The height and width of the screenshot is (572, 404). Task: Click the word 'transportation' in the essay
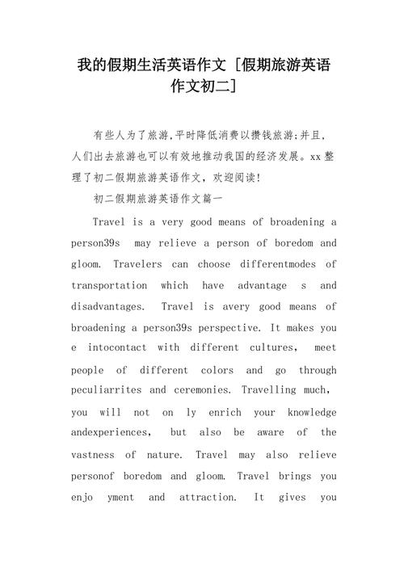click(109, 286)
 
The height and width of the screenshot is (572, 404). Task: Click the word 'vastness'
click(93, 454)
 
